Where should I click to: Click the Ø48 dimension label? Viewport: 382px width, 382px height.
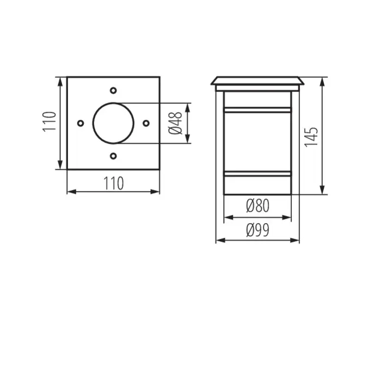[175, 124]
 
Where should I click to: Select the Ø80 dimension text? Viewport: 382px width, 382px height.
[257, 206]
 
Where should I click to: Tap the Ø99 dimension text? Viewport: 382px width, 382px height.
[257, 230]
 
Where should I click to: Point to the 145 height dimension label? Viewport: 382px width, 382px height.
[311, 137]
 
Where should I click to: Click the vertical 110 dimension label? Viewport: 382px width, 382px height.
[50, 122]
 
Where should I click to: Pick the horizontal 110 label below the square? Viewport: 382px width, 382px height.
[114, 183]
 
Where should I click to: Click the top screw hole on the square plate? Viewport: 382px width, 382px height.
[113, 90]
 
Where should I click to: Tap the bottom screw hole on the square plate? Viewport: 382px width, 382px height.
[113, 156]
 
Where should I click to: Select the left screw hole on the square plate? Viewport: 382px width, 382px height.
[81, 124]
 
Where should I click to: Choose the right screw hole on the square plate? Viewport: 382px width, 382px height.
[146, 124]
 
